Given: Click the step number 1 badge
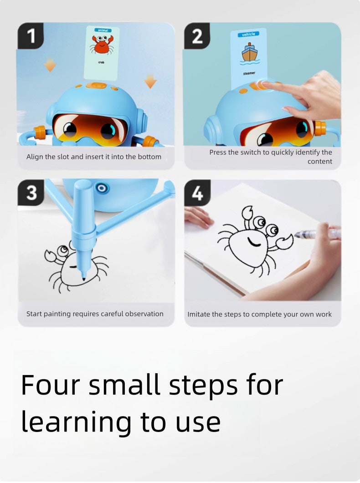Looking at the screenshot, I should click(31, 36).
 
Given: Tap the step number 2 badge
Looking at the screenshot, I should click(197, 36).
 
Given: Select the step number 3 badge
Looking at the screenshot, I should click(31, 193).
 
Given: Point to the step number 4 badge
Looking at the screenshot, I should click(197, 193).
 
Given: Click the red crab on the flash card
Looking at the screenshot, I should click(101, 45).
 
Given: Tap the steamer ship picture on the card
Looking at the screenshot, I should click(249, 53).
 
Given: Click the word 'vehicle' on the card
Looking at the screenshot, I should click(249, 34).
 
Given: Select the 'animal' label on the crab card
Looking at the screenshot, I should click(102, 30).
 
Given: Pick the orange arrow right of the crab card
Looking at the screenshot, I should click(150, 81).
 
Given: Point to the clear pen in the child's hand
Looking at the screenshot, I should click(314, 234).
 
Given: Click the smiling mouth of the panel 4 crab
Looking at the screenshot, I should click(254, 242).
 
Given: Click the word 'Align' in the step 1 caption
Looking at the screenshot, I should click(35, 157).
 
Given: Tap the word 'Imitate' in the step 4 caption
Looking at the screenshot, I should click(200, 314).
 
